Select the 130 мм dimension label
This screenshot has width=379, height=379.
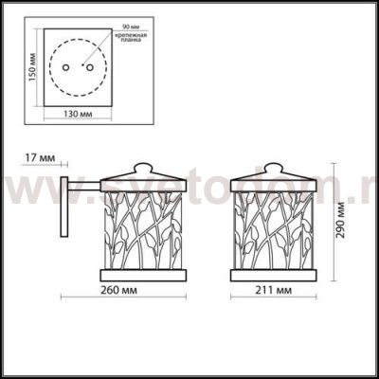(x=78, y=128)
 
